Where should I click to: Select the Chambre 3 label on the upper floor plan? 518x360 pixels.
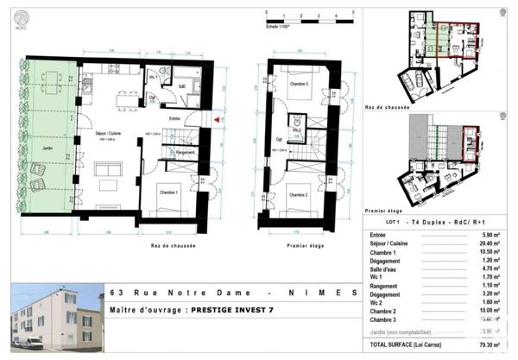pos(300,82)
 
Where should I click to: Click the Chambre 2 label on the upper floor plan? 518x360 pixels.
pos(300,194)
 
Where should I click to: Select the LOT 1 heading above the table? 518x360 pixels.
pos(376,222)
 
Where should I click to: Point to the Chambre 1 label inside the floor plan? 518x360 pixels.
pos(165,193)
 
